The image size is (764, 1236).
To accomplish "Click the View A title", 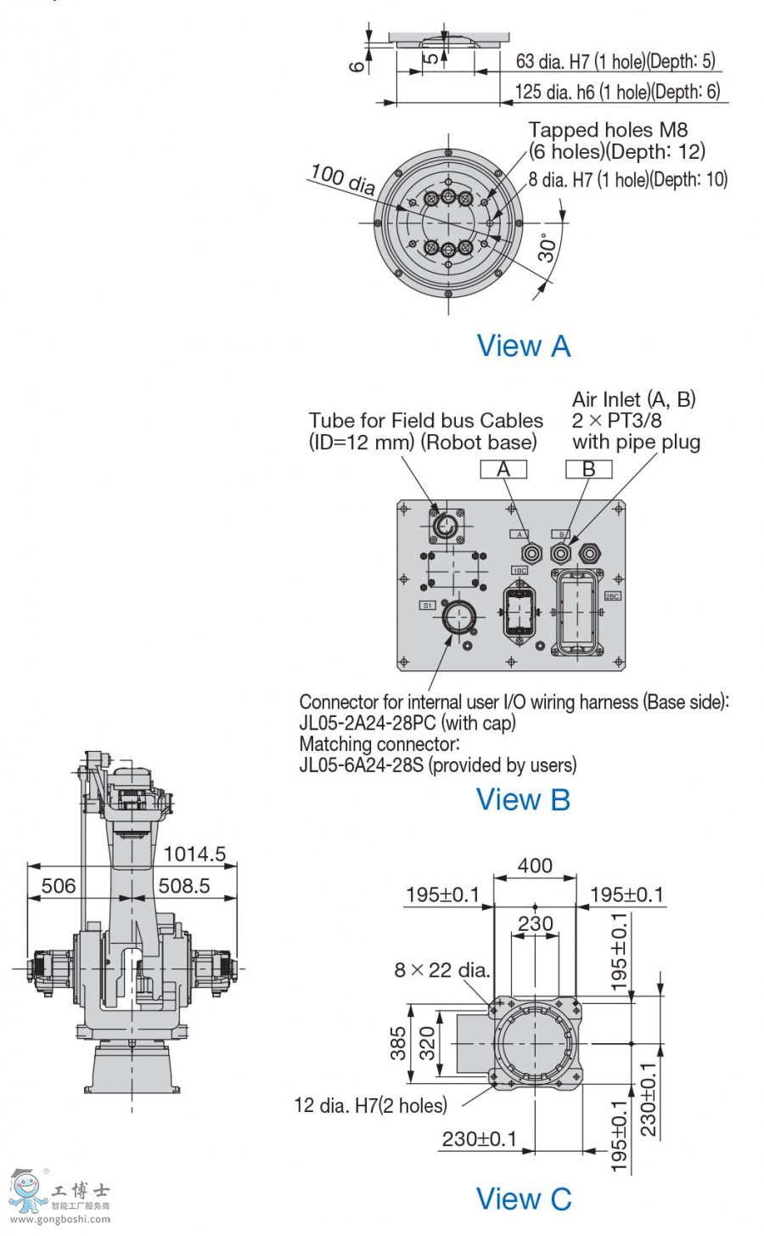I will tap(523, 346).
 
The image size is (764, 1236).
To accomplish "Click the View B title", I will tap(523, 799).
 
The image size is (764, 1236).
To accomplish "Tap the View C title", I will tap(524, 1199).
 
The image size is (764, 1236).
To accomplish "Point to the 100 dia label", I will tap(342, 178).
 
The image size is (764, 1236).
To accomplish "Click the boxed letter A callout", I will tap(503, 469).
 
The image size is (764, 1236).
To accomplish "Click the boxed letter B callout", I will tap(588, 469).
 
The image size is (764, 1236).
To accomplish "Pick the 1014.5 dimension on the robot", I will tap(194, 854).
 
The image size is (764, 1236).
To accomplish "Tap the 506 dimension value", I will tap(59, 886).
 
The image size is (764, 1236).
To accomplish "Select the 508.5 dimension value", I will tap(183, 886).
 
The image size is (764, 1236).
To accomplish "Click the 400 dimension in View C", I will tap(535, 866).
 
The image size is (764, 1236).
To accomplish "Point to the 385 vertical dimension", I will tap(398, 1044).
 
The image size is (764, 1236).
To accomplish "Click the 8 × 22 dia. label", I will tap(442, 970).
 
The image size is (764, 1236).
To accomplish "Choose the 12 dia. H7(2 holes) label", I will tap(370, 1105).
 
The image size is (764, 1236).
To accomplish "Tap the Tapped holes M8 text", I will tap(608, 130).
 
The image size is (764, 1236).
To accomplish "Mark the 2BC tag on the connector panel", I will tap(612, 596).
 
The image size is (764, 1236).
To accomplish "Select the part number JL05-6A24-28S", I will tap(362, 765).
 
